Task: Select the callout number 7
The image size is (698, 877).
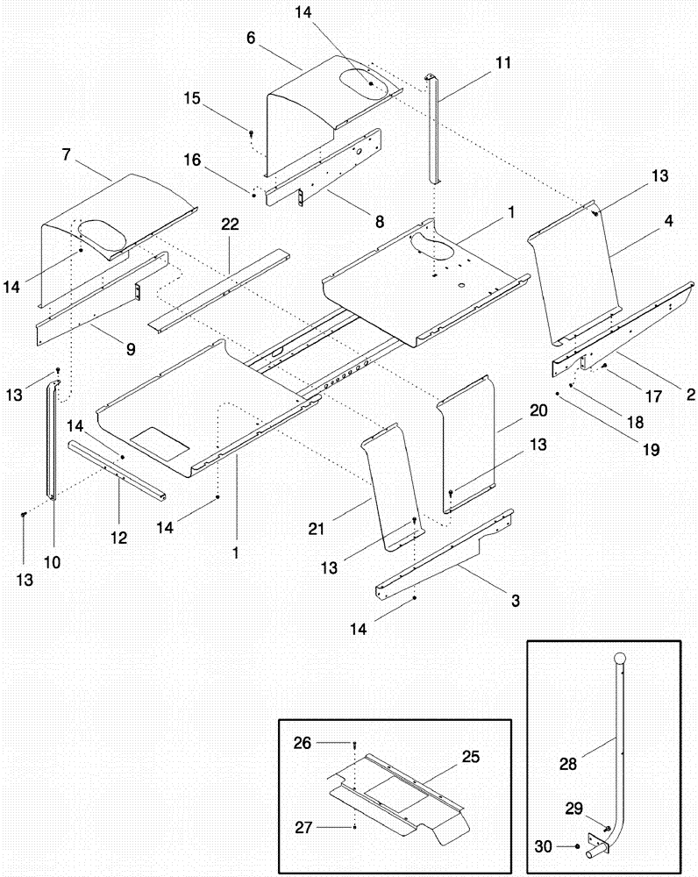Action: tap(67, 154)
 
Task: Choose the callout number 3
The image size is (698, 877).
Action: tap(516, 601)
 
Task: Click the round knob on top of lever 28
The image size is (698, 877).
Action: tap(622, 660)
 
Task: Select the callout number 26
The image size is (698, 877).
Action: tap(301, 741)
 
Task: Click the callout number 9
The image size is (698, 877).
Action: tap(130, 348)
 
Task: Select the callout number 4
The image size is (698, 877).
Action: tap(667, 223)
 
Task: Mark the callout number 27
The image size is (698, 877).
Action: tap(301, 827)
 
